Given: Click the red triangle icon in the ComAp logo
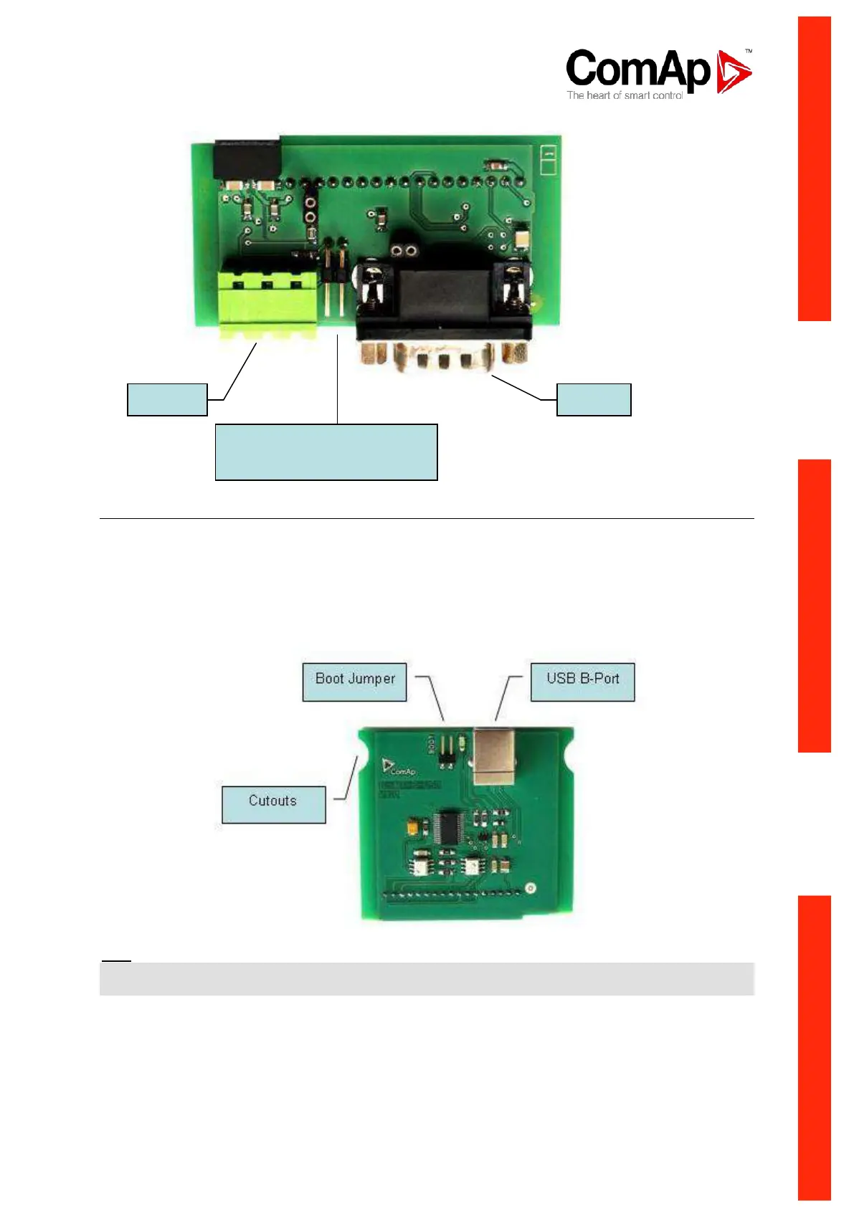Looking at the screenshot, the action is [733, 71].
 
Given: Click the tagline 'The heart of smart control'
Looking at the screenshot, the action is [624, 95].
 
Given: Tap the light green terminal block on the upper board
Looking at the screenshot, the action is [268, 301].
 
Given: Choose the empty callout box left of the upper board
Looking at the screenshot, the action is [167, 399].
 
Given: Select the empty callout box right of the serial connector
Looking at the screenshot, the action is [594, 399].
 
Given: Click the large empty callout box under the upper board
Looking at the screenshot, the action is [326, 452].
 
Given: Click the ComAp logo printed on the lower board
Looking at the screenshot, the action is [399, 768].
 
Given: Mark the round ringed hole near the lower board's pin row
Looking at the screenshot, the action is [531, 888].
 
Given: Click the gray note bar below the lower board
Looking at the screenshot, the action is [427, 978].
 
